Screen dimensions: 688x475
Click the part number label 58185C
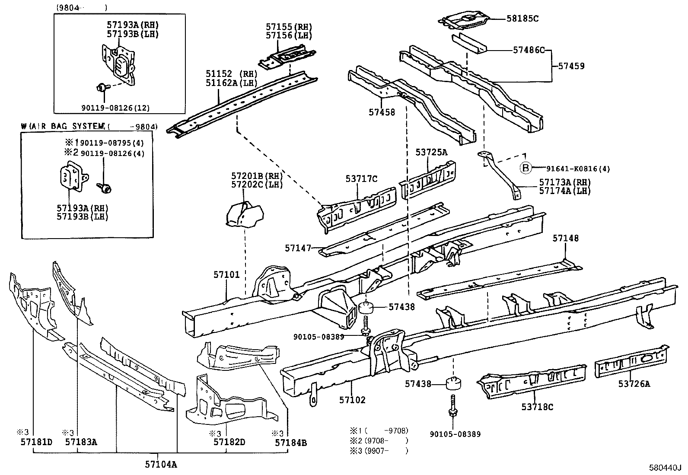pos(522,19)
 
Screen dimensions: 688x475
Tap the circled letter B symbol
pos(526,168)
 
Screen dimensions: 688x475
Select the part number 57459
pos(571,66)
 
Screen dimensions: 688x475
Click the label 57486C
pos(529,50)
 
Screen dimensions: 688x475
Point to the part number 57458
pos(382,112)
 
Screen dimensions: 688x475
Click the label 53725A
pos(431,152)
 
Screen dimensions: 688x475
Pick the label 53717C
pos(361,179)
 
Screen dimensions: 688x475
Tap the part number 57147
pos(298,248)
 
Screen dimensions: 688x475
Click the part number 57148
pos(565,238)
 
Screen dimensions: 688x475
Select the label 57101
pos(227,274)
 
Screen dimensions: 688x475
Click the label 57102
pos(352,400)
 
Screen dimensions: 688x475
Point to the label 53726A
pos(634,384)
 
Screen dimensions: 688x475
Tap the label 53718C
pos(537,407)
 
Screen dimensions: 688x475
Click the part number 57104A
pos(161,464)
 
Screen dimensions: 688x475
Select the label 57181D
pos(37,442)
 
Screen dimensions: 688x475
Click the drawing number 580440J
pos(665,468)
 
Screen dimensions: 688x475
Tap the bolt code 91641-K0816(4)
pos(578,169)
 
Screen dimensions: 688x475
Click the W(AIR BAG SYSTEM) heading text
pos(64,126)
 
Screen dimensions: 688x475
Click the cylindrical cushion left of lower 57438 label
pos(453,383)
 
